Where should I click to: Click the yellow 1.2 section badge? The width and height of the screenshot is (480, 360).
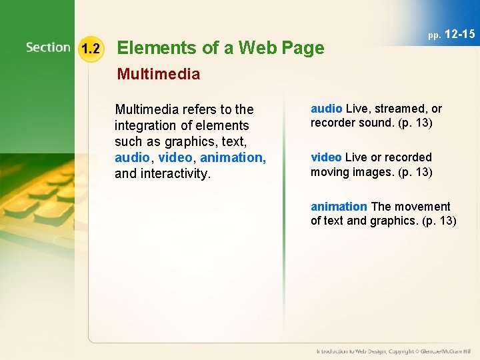click(91, 49)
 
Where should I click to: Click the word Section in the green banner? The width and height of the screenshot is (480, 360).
click(48, 47)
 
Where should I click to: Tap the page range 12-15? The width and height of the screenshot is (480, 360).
click(459, 34)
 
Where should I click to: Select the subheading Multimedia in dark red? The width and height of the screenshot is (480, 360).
click(158, 74)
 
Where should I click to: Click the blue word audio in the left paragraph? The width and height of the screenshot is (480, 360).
click(131, 158)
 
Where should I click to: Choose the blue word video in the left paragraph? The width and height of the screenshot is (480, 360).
click(175, 158)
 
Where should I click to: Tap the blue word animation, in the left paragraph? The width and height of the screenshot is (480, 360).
click(233, 158)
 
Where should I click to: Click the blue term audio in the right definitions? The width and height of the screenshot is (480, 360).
click(326, 109)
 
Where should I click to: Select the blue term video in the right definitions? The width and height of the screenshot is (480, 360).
click(326, 157)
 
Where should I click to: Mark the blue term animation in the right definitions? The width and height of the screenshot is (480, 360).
click(339, 207)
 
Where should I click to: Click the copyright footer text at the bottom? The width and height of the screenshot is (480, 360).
click(393, 351)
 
